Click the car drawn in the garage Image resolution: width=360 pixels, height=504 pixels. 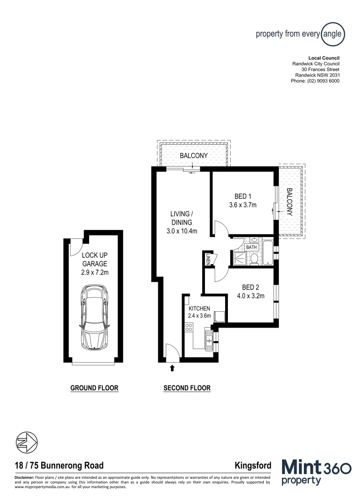95,317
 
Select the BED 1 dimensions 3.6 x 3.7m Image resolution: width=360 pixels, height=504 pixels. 243,205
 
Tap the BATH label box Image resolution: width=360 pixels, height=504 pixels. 252,247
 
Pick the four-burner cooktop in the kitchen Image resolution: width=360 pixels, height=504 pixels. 189,329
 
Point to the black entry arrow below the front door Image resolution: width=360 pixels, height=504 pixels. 172,368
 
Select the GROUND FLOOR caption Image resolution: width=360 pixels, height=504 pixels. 94,388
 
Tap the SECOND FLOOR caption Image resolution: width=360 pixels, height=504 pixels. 187,388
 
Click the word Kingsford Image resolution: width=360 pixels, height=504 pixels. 254,465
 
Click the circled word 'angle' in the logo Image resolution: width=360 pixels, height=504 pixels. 333,34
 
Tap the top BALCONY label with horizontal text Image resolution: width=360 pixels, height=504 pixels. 193,155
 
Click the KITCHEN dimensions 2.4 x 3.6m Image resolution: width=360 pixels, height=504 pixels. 200,316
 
